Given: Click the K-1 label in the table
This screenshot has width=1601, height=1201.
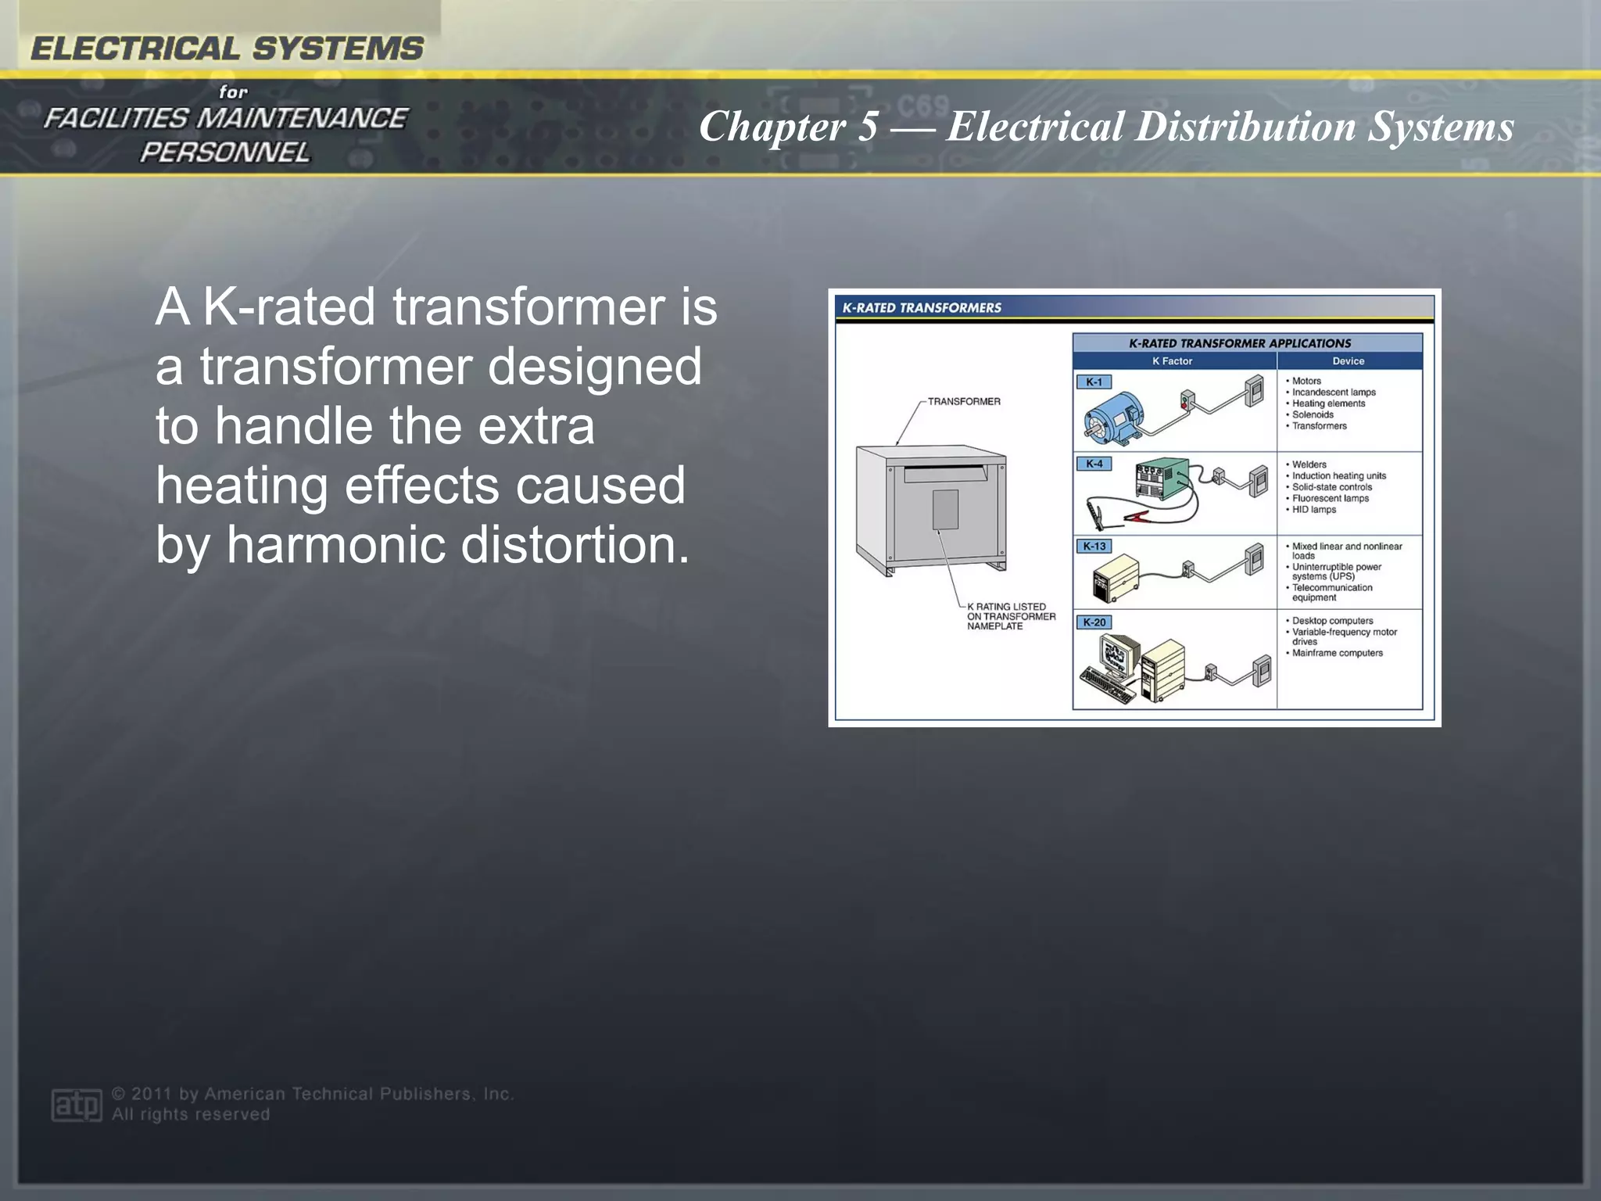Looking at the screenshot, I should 1094,382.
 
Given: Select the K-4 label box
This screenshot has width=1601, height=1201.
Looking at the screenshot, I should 1094,464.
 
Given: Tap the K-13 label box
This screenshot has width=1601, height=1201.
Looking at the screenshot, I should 1094,547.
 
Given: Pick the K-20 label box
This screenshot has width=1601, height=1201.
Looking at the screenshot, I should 1094,622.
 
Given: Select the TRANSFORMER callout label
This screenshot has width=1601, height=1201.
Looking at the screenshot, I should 963,402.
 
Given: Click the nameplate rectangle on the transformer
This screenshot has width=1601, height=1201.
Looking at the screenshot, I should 945,510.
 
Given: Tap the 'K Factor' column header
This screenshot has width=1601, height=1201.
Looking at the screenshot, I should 1172,361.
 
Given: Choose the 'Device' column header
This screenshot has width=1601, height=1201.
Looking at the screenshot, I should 1348,361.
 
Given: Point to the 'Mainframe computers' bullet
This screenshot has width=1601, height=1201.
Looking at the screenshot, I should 1337,653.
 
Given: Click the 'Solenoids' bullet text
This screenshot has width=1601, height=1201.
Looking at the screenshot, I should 1313,415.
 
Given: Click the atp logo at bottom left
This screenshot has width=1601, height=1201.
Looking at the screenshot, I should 77,1105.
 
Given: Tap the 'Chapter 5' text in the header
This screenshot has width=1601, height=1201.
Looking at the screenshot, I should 788,127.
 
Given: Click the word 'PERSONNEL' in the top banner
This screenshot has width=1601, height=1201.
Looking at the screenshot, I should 224,152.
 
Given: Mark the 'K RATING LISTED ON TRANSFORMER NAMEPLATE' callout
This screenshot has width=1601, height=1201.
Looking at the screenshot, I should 1010,616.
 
